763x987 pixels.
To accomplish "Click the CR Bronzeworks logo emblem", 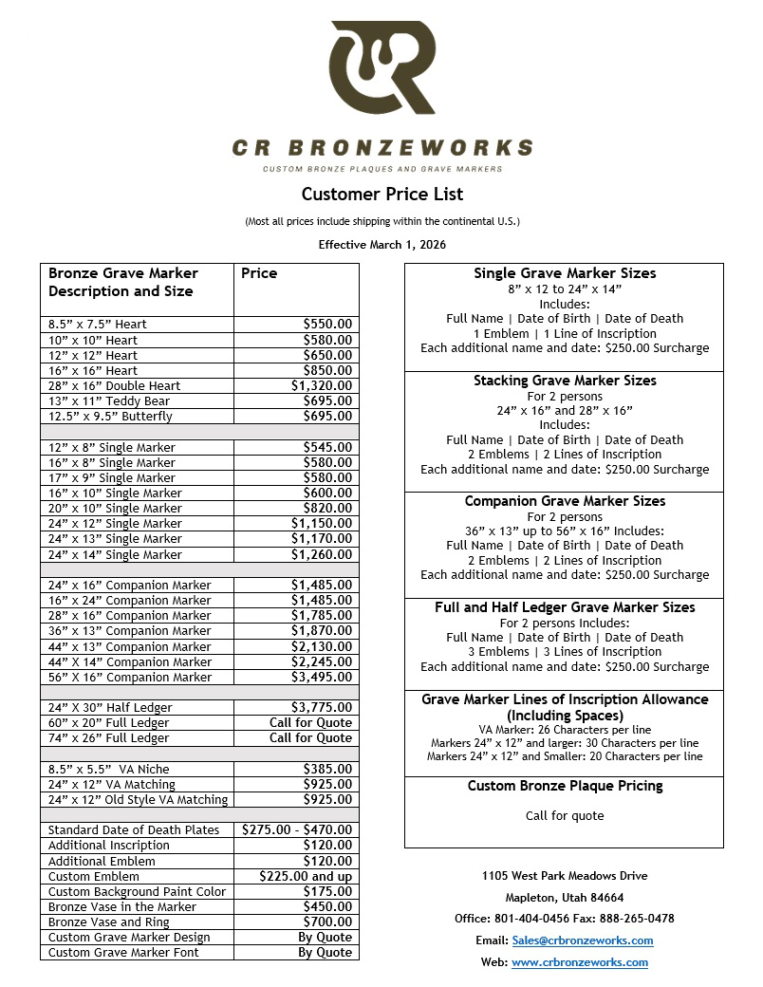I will [x=382, y=72].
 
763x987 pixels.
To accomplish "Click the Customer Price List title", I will [x=382, y=195].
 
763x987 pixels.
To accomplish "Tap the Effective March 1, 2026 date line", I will [x=382, y=244].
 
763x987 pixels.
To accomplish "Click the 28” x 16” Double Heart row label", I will [x=115, y=386].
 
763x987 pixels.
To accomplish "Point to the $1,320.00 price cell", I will [x=322, y=386].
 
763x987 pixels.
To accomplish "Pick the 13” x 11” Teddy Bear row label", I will [x=111, y=401].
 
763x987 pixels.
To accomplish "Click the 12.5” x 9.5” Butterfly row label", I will [x=111, y=417].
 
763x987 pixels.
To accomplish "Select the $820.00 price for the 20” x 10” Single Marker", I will [x=327, y=509].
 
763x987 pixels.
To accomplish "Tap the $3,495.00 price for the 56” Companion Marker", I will [x=322, y=678].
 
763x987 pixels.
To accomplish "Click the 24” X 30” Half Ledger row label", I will [x=109, y=708].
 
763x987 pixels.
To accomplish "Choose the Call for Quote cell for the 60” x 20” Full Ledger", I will [x=310, y=723].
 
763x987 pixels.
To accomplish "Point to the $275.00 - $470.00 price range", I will [x=297, y=830].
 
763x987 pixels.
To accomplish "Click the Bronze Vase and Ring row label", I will [x=109, y=922].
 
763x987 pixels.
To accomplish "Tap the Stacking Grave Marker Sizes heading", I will [x=565, y=381].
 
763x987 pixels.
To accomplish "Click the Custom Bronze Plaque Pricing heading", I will [x=565, y=787].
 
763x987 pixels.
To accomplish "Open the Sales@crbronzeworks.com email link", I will [x=582, y=940].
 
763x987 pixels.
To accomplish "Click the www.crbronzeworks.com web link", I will [x=579, y=962].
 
